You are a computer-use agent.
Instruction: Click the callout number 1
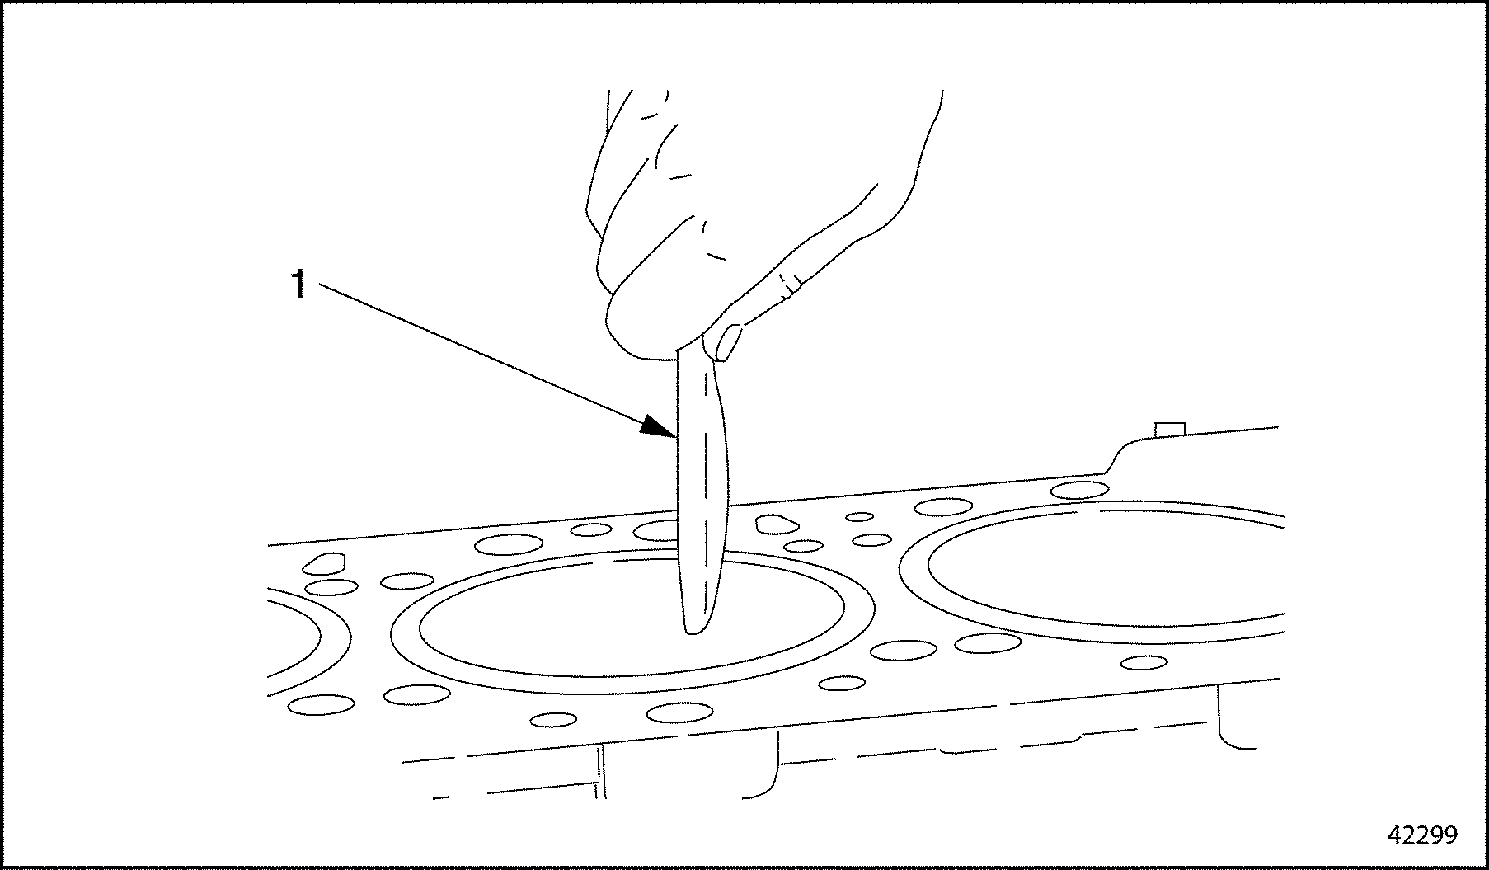point(298,285)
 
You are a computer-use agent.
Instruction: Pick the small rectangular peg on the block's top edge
point(1171,430)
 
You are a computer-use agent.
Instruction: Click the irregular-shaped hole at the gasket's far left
point(323,563)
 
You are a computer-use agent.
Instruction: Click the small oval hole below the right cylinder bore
point(1144,662)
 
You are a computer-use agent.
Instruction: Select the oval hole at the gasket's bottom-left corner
point(322,704)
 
